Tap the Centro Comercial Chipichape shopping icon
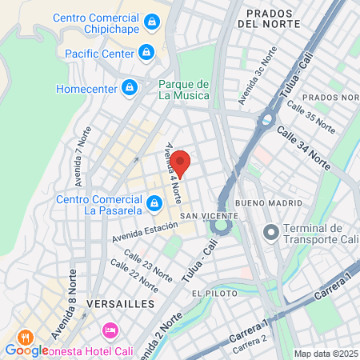(151, 22)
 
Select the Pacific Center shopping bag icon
(146, 53)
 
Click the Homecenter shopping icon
(128, 86)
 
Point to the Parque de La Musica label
(183, 90)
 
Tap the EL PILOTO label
(210, 294)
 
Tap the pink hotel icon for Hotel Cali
(110, 330)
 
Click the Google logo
(26, 350)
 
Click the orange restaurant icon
(26, 337)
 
